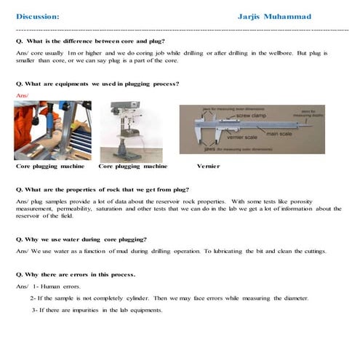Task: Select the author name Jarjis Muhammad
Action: pyautogui.click(x=274, y=16)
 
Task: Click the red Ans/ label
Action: pyautogui.click(x=21, y=95)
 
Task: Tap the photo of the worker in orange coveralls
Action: pyautogui.click(x=52, y=130)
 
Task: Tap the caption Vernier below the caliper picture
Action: pyautogui.click(x=208, y=166)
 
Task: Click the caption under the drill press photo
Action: pyautogui.click(x=129, y=166)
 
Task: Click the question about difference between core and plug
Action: pyautogui.click(x=90, y=41)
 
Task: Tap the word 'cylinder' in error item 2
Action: pyautogui.click(x=157, y=298)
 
